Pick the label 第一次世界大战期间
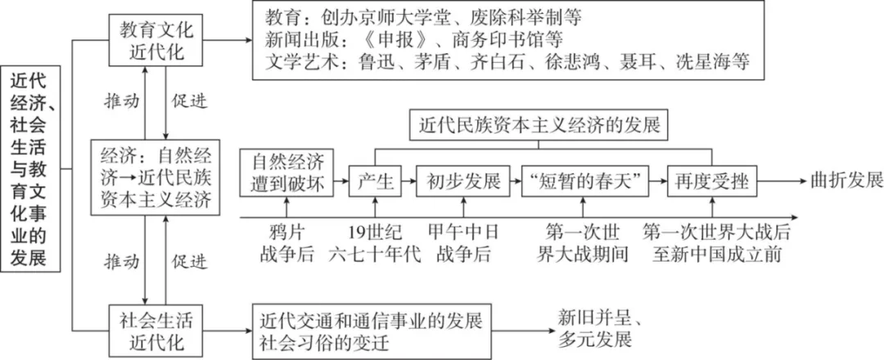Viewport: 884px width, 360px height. tap(584, 241)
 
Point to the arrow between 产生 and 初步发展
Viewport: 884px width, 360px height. tap(409, 181)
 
